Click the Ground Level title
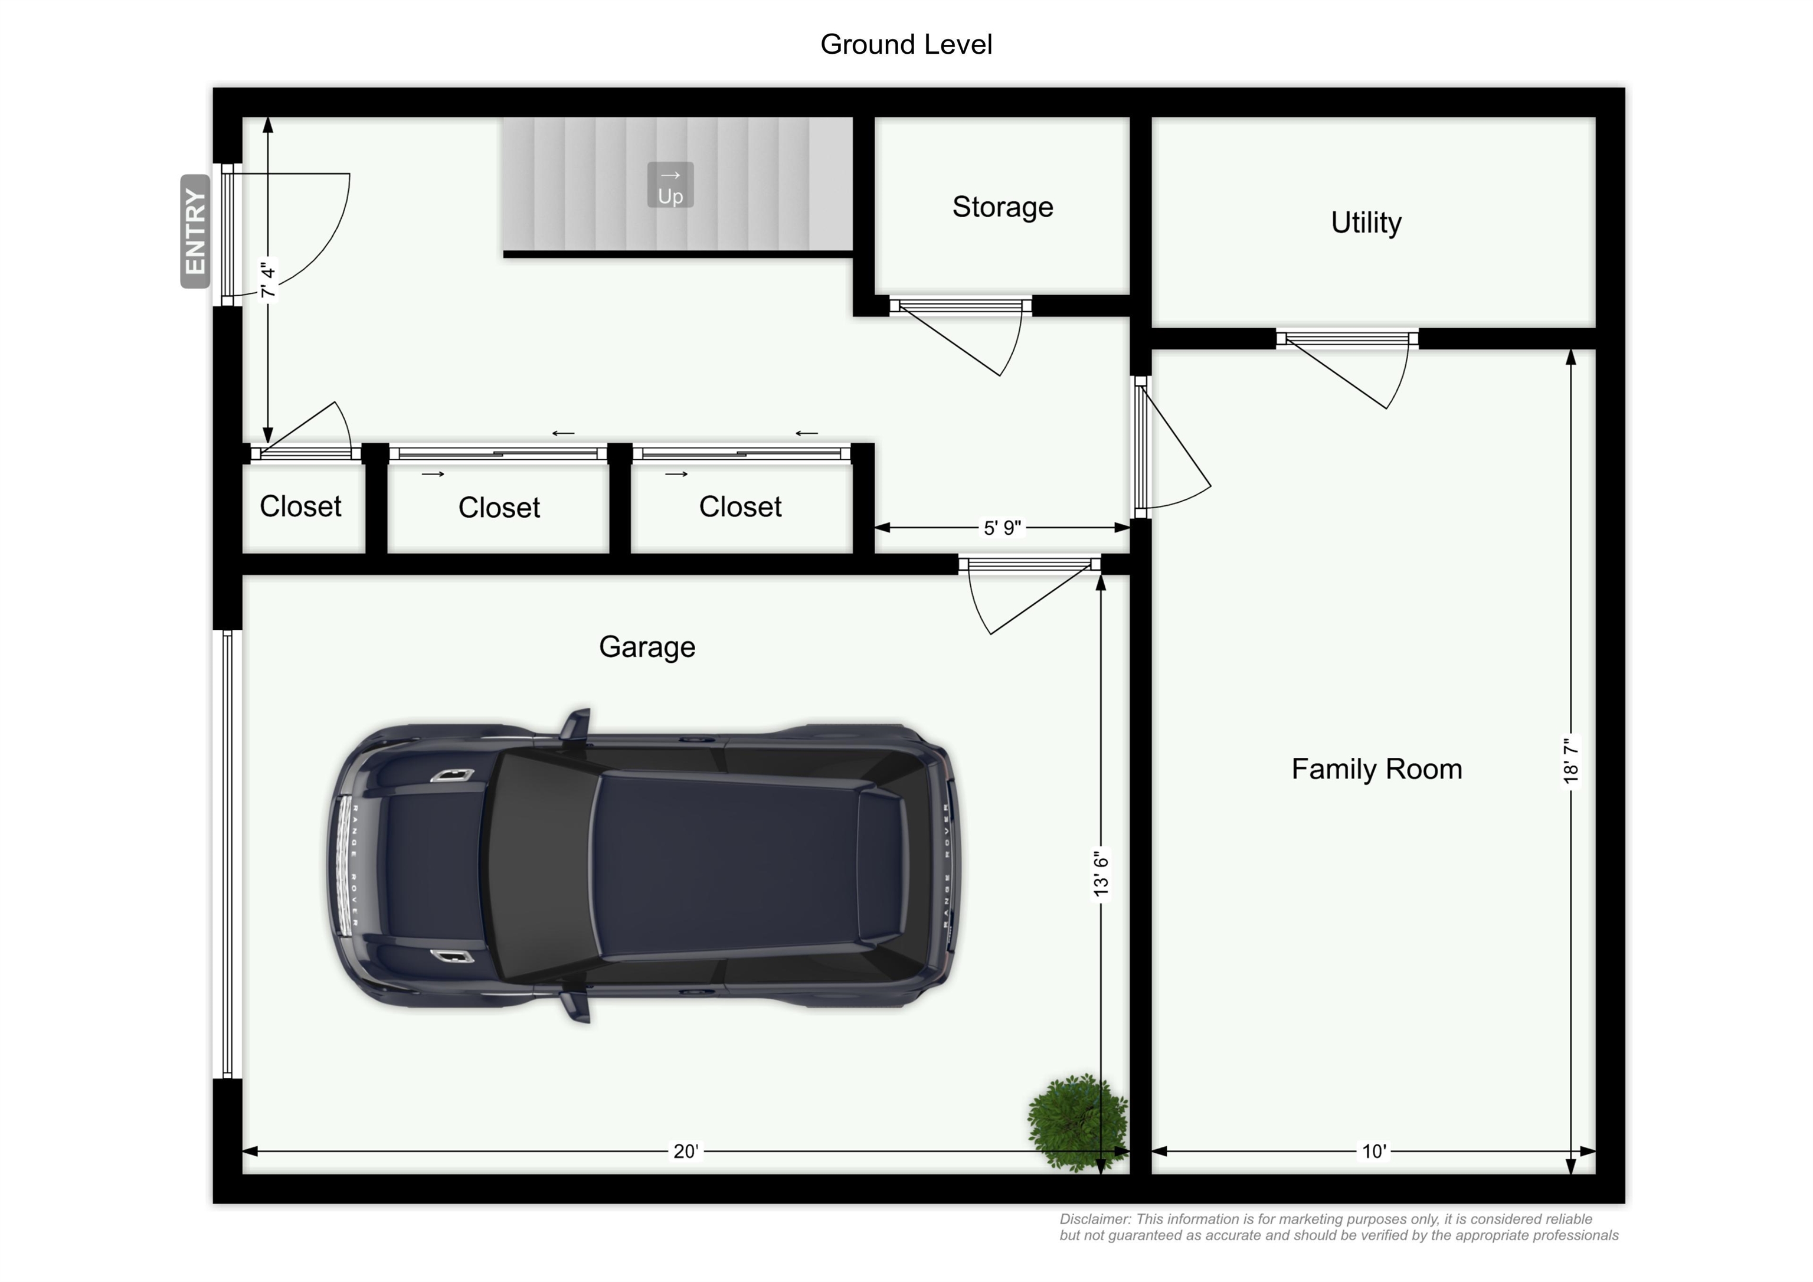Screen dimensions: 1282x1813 pos(906,44)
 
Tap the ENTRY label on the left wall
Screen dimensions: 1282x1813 pos(195,231)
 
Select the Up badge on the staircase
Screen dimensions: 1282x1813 pos(670,185)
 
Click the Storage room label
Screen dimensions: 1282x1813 pos(1002,207)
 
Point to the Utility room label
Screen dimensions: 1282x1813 pos(1366,223)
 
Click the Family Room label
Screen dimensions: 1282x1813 pos(1376,768)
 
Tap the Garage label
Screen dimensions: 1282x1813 pos(647,647)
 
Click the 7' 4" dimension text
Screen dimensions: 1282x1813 pos(269,280)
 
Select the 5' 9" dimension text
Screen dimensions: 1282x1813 pos(1002,528)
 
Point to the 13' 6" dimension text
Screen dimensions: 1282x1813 pos(1101,874)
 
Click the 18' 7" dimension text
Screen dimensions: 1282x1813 pos(1570,761)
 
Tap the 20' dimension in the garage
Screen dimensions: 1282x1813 pos(685,1151)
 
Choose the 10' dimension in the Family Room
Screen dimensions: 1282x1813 pos(1374,1151)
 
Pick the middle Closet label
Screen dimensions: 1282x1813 pos(499,507)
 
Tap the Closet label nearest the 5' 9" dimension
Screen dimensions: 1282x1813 pos(740,506)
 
